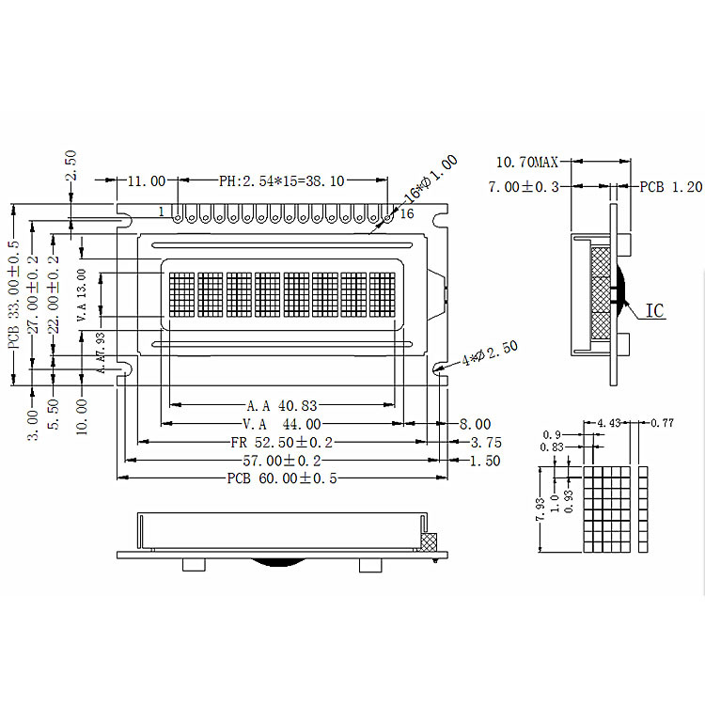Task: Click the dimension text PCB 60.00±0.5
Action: click(282, 478)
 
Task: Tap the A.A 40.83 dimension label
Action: click(282, 406)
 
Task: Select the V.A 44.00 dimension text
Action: click(282, 424)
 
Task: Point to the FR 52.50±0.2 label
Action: click(282, 443)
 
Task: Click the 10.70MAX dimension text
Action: click(527, 162)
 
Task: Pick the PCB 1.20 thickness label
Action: click(671, 187)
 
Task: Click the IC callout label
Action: click(654, 311)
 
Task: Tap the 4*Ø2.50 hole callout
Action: click(490, 352)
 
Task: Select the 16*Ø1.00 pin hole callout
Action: click(431, 179)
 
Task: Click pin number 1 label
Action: click(162, 211)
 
